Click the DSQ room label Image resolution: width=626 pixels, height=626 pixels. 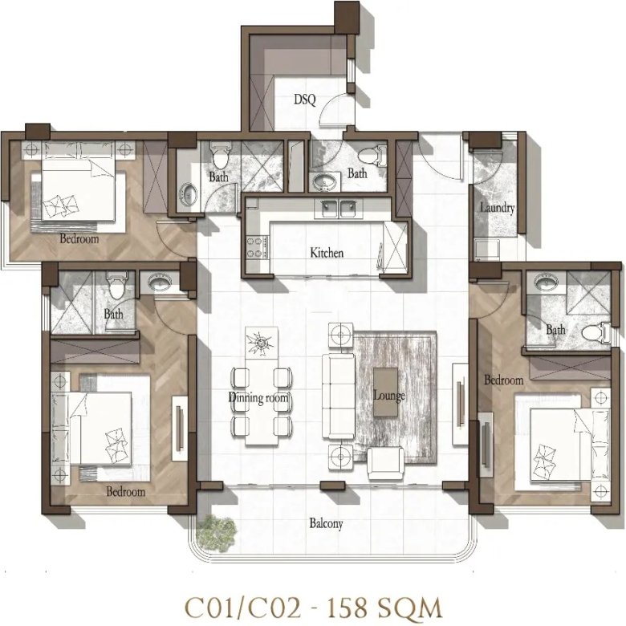pos(305,99)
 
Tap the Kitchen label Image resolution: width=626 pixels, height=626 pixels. pos(327,253)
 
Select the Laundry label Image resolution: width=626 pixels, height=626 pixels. pos(497,208)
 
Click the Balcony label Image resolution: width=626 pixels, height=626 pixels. pos(326,523)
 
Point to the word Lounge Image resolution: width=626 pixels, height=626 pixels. pos(389,396)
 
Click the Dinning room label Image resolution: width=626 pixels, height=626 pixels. pos(258,397)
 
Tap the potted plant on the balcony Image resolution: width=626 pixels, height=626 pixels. pos(217,533)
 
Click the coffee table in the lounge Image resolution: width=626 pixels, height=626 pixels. pos(385,392)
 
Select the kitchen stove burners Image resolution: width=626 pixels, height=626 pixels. pos(257,247)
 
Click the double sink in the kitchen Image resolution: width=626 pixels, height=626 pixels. pos(339,209)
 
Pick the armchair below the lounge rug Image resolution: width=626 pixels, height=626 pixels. pos(385,462)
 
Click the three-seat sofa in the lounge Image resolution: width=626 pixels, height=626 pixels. pos(339,396)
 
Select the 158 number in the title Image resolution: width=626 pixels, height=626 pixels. pos(347,608)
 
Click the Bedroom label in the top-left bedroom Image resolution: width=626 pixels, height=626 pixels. pos(79,238)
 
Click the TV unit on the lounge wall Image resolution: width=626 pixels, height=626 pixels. pos(460,404)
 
